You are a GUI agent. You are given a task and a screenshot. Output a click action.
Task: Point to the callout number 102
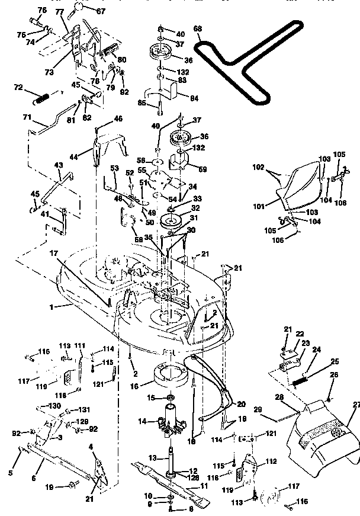259,168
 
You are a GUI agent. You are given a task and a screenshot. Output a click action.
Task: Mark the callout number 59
202,169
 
